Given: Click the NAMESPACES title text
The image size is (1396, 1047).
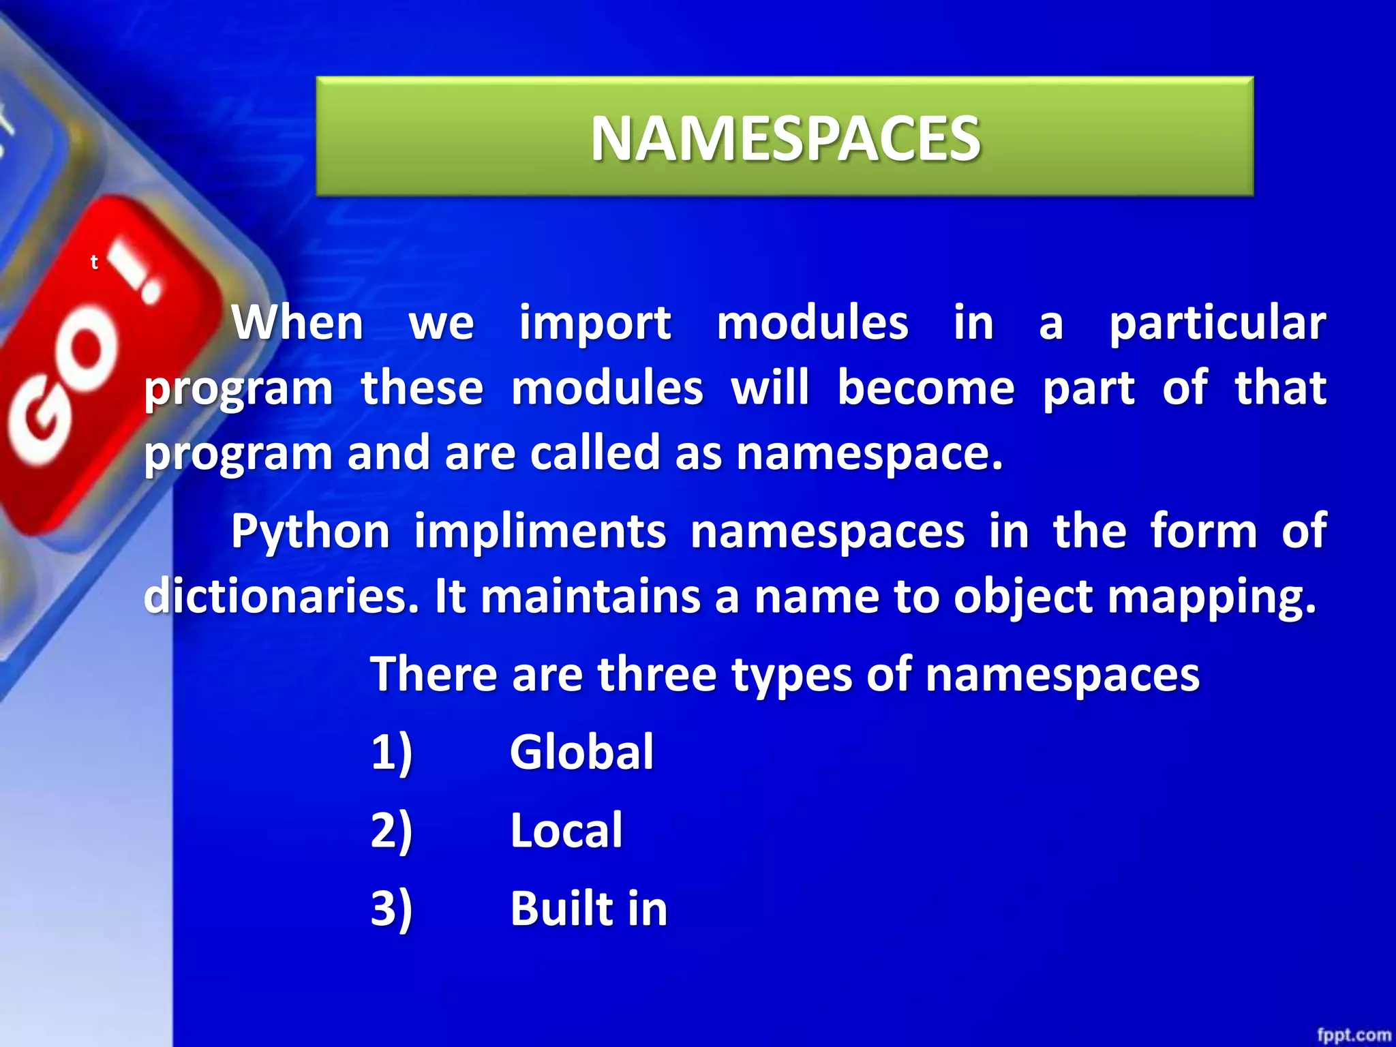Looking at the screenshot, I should tap(785, 138).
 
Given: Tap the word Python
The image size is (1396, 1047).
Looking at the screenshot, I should tap(310, 532).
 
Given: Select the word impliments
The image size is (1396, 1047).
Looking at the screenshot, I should tap(540, 531).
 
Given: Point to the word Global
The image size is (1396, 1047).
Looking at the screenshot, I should tap(581, 752).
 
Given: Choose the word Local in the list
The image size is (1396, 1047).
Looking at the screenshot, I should tap(566, 830).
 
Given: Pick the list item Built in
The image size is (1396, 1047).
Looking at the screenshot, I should tap(588, 909).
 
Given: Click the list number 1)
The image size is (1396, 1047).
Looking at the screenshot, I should tap(391, 753).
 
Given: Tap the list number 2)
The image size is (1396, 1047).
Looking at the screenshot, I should tap(391, 831).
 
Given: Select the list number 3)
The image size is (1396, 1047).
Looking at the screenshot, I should tap(391, 909).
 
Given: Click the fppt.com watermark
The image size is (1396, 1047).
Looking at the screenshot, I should tap(1353, 1035).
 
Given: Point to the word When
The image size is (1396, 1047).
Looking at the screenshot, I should tap(298, 322).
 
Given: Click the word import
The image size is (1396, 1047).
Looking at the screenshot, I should tap(595, 324).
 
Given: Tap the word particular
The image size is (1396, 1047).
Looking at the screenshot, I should tap(1217, 324).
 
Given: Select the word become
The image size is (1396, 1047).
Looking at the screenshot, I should tap(926, 388).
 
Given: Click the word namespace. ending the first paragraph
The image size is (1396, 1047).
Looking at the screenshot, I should tap(870, 453).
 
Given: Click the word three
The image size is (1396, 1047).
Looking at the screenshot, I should tap(656, 674).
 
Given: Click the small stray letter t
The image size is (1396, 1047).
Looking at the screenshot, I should tap(94, 262).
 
